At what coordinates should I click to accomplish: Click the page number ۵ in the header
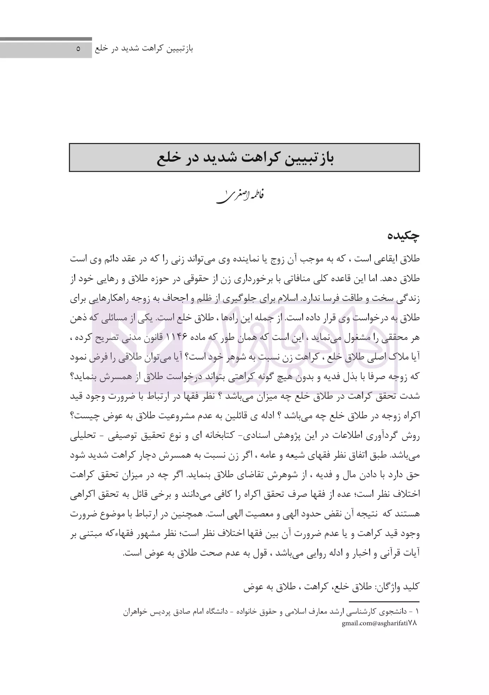point(78,49)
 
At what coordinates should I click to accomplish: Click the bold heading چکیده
point(404,235)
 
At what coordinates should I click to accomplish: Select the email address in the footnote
point(379,623)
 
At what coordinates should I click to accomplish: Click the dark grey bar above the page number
point(46,39)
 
